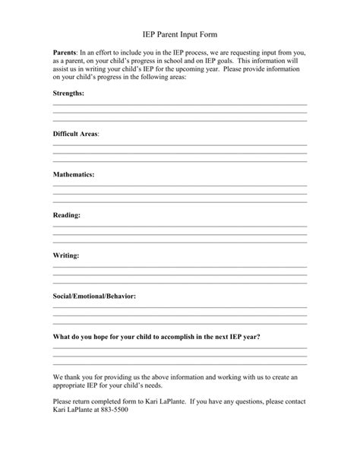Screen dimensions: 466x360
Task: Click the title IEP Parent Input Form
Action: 180,34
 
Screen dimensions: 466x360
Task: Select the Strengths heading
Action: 68,92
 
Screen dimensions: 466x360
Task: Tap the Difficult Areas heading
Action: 76,133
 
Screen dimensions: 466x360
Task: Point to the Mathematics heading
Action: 74,174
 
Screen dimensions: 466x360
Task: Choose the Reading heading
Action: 66,215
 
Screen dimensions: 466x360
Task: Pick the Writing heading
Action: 66,255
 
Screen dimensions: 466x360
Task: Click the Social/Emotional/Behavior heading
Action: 94,296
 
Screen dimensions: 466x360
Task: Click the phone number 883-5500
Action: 113,411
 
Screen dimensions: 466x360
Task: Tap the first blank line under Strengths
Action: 180,104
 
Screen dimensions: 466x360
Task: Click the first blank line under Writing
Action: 180,268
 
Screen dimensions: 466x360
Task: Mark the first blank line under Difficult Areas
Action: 180,145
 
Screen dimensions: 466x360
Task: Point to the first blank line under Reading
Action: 180,227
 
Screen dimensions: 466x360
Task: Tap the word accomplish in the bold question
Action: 178,337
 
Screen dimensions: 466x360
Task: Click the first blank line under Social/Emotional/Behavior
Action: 180,309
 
